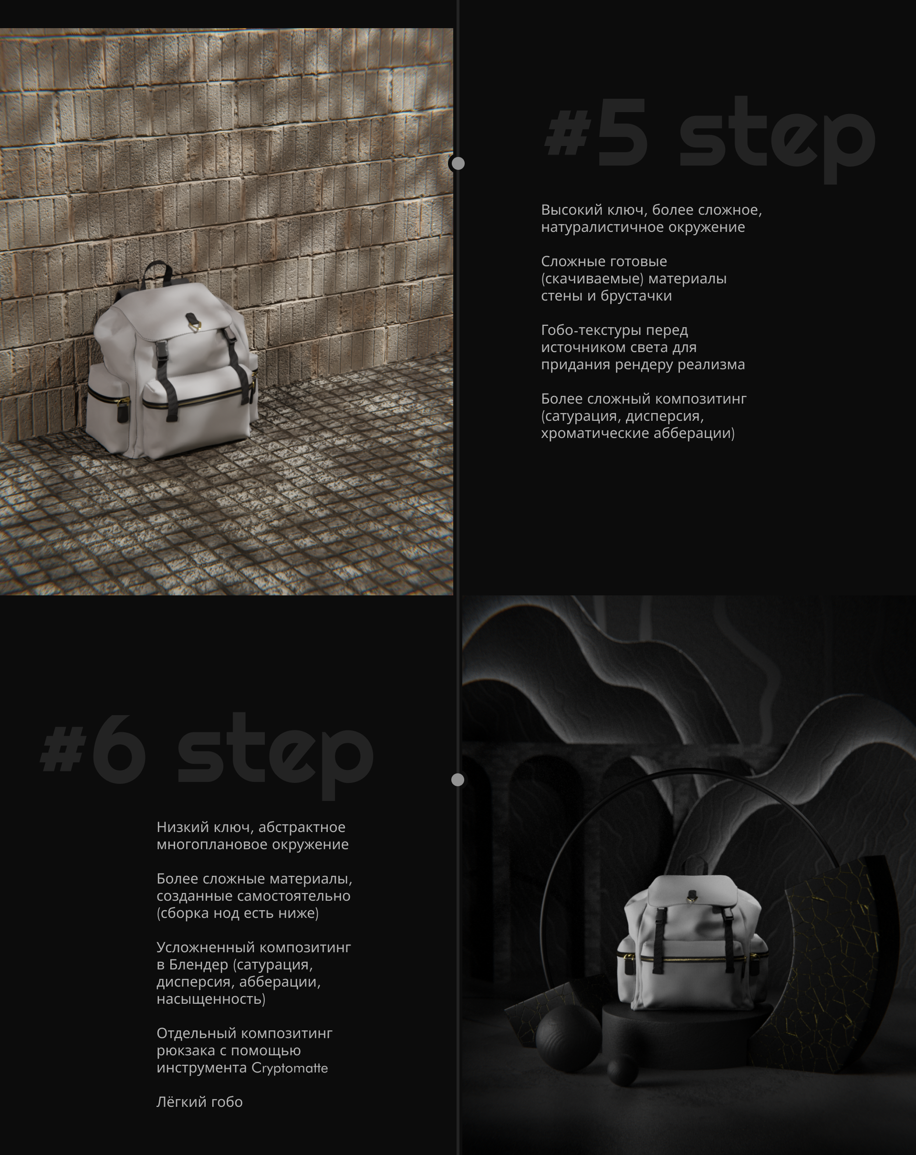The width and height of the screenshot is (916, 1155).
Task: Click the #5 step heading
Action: [x=710, y=138]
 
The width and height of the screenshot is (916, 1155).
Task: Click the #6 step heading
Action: [x=207, y=755]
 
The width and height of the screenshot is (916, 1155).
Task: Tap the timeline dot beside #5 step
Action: [x=458, y=163]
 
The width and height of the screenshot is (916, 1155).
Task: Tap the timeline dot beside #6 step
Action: [x=458, y=780]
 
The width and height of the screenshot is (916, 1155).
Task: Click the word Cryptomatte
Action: [x=289, y=1068]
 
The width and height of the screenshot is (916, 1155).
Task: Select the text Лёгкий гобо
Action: [x=199, y=1102]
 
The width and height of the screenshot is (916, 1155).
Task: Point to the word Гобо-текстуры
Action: [x=614, y=330]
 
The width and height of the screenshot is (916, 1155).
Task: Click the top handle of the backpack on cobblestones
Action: [x=157, y=273]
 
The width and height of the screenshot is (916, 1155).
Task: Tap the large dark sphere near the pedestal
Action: [x=568, y=1038]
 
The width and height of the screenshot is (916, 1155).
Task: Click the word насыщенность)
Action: [x=211, y=999]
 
